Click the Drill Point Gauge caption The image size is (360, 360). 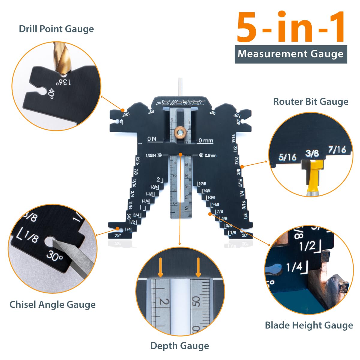point(56,29)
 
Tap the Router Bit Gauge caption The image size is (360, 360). point(310,102)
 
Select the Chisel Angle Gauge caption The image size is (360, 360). point(52,304)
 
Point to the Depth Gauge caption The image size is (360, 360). point(179,346)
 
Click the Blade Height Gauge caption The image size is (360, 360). point(309,325)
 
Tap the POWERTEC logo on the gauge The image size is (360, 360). point(180,103)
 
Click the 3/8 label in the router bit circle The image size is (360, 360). point(312,153)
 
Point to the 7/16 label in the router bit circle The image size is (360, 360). point(337,149)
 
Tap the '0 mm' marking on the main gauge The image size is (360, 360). point(205,140)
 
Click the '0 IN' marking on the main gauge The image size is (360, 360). point(152,139)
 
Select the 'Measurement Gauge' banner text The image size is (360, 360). point(290,54)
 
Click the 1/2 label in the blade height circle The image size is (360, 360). point(307,246)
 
